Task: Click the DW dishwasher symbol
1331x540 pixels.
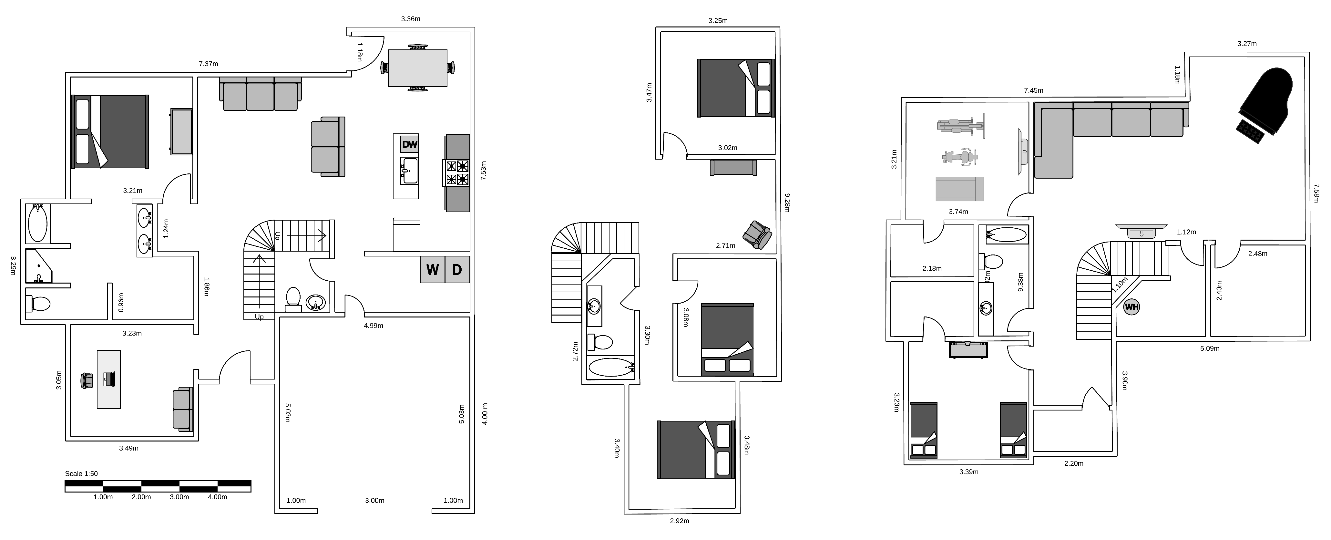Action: pyautogui.click(x=409, y=144)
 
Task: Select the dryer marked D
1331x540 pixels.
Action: pyautogui.click(x=457, y=269)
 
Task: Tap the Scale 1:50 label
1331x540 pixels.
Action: pyautogui.click(x=81, y=474)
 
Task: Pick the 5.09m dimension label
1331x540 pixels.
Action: pyautogui.click(x=1210, y=348)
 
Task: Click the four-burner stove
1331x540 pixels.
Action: pyautogui.click(x=457, y=172)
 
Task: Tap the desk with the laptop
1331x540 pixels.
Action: pyautogui.click(x=109, y=379)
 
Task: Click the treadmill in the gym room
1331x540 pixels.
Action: pyautogui.click(x=959, y=189)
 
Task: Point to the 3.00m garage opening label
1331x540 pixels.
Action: pyautogui.click(x=374, y=500)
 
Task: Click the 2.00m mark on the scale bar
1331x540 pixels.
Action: pyautogui.click(x=141, y=497)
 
